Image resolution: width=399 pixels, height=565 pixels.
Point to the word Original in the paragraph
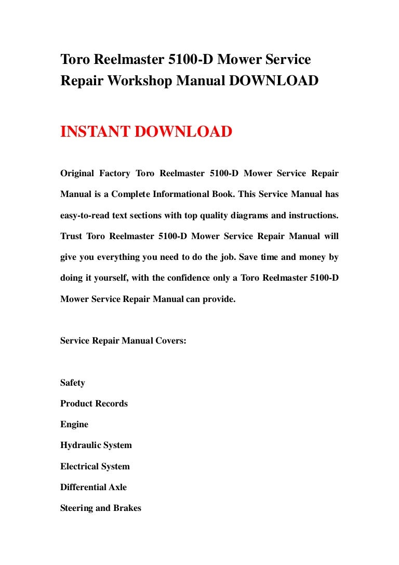click(x=78, y=173)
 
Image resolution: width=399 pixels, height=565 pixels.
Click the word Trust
click(x=71, y=236)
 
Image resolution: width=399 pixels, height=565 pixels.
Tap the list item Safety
click(x=73, y=383)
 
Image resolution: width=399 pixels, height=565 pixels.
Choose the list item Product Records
click(x=94, y=403)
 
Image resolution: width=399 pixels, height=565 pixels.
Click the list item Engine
click(x=74, y=425)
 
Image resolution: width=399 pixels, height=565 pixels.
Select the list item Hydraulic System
click(x=96, y=445)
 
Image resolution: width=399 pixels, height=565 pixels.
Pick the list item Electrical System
click(x=95, y=466)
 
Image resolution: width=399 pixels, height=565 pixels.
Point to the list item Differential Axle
click(x=94, y=487)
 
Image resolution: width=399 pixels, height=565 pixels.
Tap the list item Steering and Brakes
click(x=101, y=508)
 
